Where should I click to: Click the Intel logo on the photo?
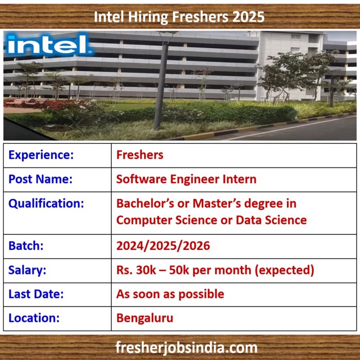point(49,45)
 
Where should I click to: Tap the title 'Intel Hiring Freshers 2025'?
point(179,17)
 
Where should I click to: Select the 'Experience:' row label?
point(41,155)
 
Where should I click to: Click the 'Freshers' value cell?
point(140,155)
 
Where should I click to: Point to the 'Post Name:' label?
point(41,179)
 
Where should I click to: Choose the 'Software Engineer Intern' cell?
point(186,179)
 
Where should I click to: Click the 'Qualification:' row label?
point(46,204)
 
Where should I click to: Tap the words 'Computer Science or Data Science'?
point(211,220)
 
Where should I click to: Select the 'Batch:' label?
point(26,246)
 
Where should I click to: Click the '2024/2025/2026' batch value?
point(163,246)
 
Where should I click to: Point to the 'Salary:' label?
point(27,270)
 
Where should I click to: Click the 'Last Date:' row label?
point(36,294)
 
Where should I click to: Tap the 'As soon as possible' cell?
point(170,294)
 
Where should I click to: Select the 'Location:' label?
point(34,318)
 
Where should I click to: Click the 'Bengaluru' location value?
point(145,318)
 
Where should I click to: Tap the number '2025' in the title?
point(248,17)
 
